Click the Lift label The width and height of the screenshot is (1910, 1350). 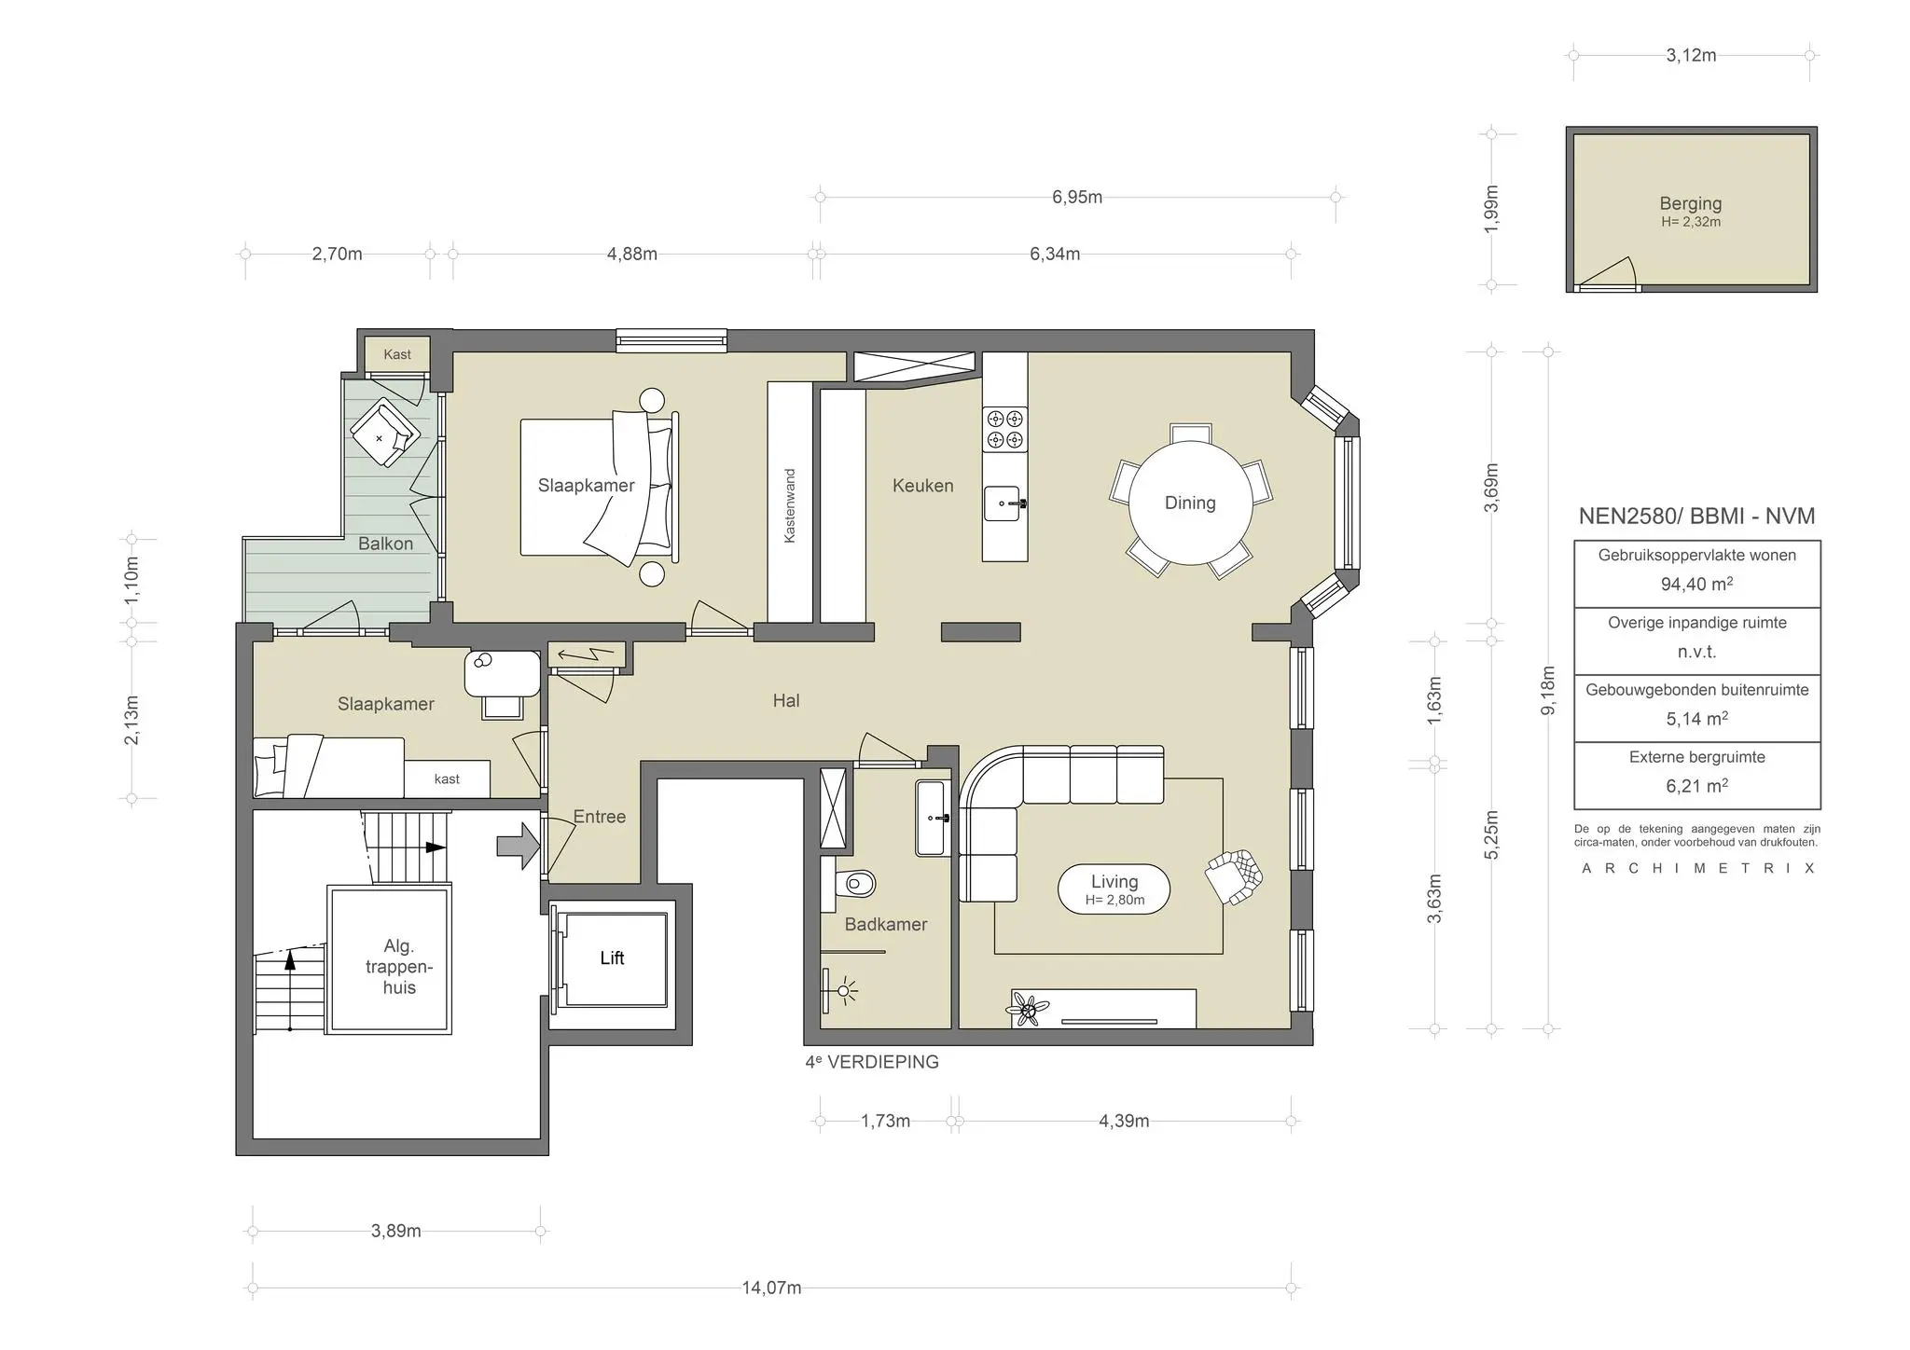[612, 957]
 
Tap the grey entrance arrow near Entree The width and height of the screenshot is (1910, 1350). [519, 846]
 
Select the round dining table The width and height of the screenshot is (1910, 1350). [1190, 503]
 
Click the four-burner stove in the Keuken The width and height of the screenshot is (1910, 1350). [1004, 429]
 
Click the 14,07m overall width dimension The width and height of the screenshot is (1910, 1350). [771, 1288]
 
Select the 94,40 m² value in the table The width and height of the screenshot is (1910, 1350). [1696, 585]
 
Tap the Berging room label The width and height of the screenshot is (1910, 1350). [1690, 203]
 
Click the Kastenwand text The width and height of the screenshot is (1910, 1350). [790, 505]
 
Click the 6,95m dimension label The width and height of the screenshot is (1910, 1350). [1077, 197]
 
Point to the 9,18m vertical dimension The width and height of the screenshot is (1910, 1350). [1548, 691]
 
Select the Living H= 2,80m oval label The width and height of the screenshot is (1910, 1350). [1114, 889]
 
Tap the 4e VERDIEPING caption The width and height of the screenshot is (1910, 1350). [872, 1062]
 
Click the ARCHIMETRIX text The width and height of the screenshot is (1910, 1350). [1697, 868]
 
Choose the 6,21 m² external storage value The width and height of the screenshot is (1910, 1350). [1696, 786]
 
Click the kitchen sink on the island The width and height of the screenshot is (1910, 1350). [1004, 503]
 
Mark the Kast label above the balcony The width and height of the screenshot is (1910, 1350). [397, 354]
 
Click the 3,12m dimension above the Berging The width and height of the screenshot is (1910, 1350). [1691, 55]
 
